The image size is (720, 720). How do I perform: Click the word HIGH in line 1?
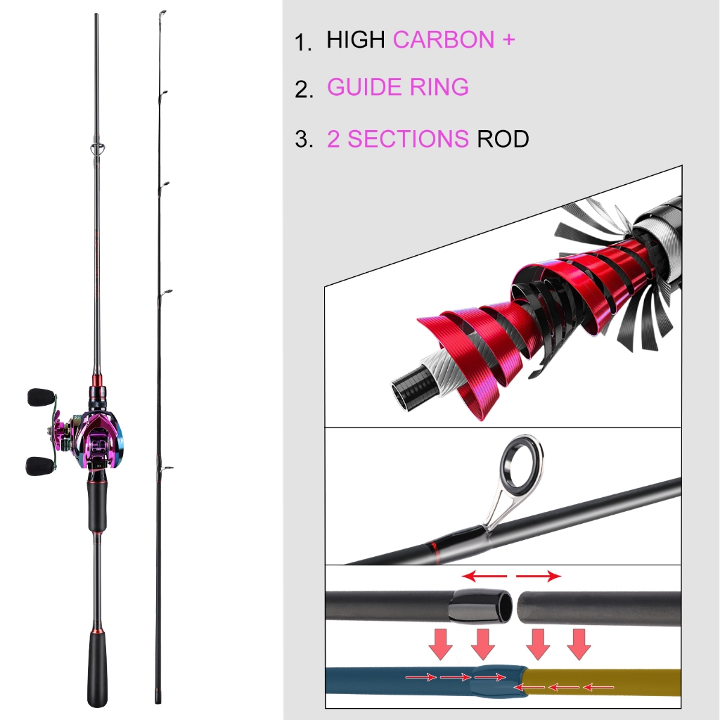point(355,39)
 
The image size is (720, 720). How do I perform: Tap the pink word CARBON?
point(444,39)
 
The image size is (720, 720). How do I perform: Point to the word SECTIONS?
point(408,139)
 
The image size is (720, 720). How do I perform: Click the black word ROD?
point(503,139)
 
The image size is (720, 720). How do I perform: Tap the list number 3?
point(304,139)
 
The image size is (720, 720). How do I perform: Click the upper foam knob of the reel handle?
point(41,397)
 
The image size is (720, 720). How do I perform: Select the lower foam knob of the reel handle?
point(40,466)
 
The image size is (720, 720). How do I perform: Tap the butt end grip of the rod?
point(97,669)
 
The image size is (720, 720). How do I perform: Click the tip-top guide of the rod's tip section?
point(162,14)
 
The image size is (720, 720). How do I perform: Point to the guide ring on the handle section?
point(97,149)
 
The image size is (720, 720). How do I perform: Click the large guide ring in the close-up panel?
point(522,464)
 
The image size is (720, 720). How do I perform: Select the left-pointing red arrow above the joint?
point(484,576)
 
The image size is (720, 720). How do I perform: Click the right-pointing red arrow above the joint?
point(539,576)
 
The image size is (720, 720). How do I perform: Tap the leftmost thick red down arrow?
point(441,644)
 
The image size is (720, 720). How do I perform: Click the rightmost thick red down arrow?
point(579,644)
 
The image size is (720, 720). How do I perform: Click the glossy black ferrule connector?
point(480,605)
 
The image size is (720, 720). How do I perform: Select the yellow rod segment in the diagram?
point(602,682)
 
